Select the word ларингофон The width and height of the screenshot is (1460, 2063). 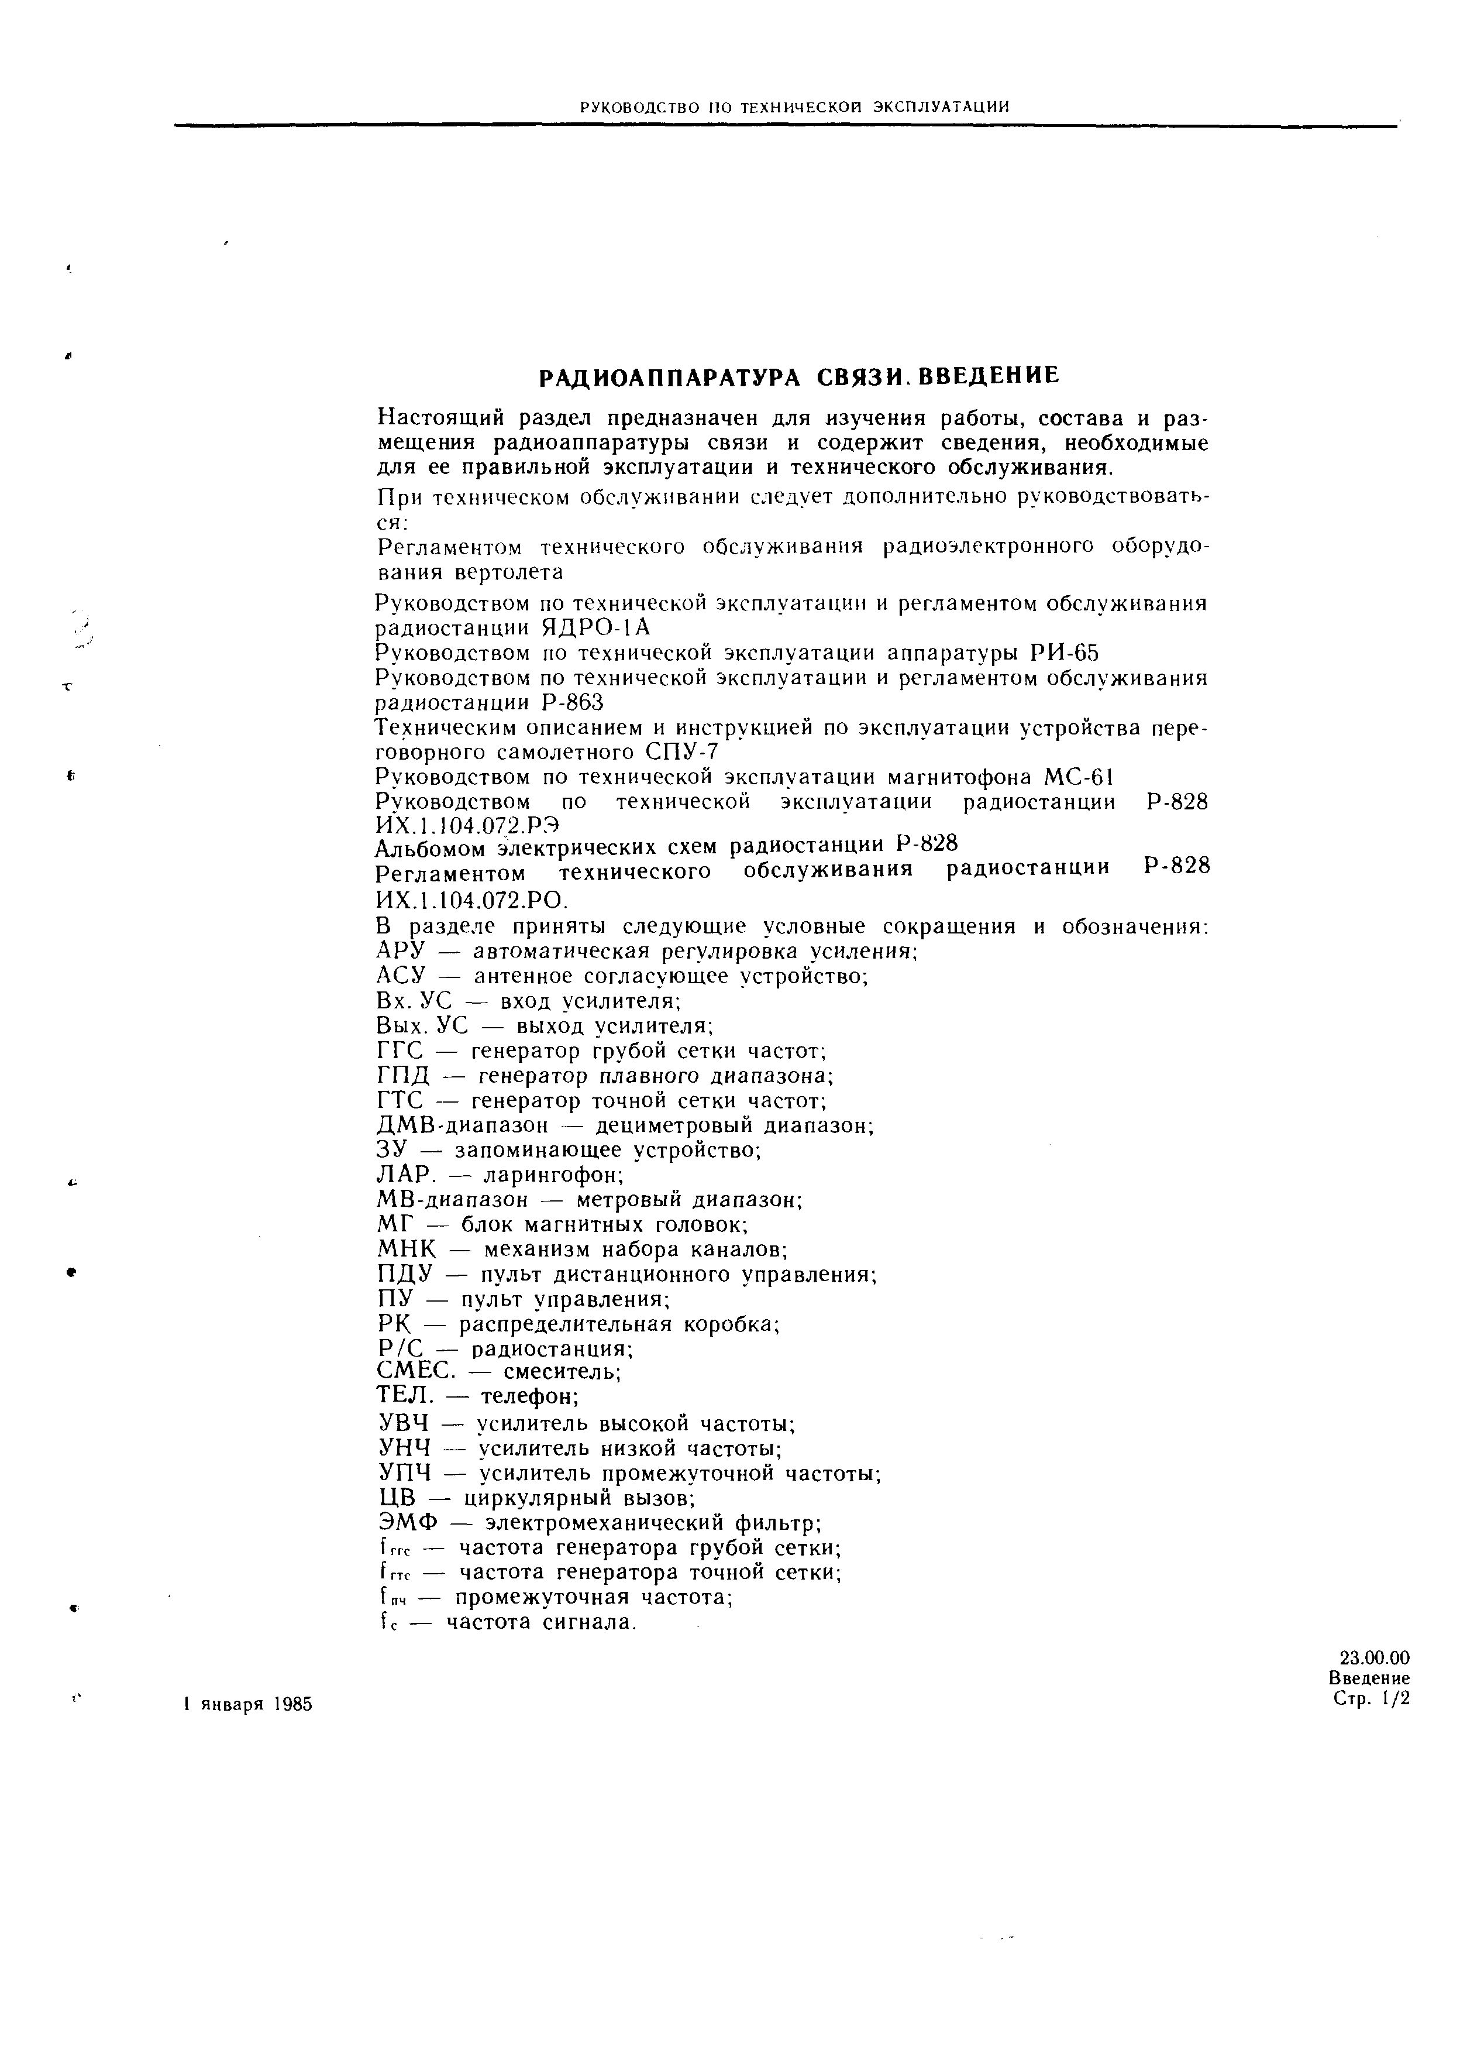[x=553, y=1175]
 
